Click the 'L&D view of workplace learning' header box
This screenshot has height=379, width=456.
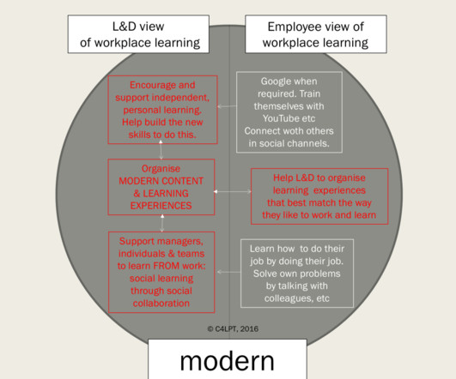click(138, 34)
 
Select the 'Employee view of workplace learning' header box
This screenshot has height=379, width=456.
click(316, 34)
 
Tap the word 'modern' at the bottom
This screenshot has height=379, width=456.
click(227, 361)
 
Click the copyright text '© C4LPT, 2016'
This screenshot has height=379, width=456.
click(233, 328)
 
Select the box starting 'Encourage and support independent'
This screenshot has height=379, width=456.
click(162, 110)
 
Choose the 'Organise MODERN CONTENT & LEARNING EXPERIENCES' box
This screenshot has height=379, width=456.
click(161, 187)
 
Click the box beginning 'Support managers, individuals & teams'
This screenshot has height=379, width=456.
click(161, 272)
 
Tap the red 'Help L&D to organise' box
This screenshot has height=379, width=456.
click(319, 196)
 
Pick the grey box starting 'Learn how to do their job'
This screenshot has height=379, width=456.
click(297, 274)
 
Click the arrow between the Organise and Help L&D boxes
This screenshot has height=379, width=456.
click(233, 191)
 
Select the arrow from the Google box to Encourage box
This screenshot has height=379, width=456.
click(227, 106)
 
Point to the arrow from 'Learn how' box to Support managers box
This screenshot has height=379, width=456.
click(229, 272)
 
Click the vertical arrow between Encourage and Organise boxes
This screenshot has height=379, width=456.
click(161, 149)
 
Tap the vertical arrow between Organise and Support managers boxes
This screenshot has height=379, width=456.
click(162, 223)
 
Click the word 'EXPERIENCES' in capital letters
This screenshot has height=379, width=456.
click(161, 206)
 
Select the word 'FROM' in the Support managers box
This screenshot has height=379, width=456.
click(167, 266)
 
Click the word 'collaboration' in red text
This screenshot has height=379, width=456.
click(161, 304)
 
